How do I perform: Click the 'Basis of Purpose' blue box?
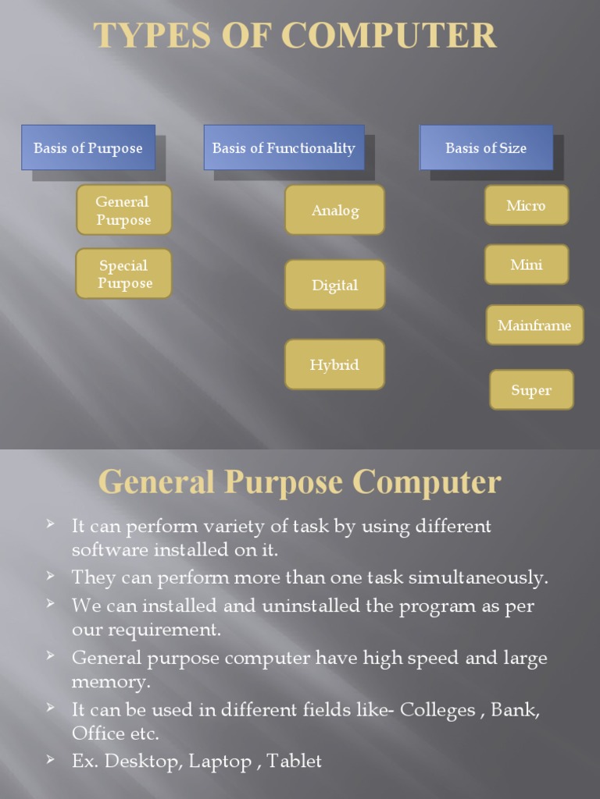pos(88,147)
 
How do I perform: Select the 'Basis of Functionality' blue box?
pos(284,147)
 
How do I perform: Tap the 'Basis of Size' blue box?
pos(486,147)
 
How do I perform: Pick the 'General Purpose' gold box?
pos(123,211)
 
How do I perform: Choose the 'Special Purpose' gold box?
pos(123,274)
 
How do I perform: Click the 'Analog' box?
pos(334,210)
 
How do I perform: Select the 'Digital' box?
pos(334,285)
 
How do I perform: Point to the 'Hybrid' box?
pos(334,364)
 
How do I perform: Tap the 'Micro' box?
pos(526,205)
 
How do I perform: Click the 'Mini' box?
pos(526,265)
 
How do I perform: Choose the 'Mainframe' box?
pos(534,325)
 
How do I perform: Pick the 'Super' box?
pos(531,390)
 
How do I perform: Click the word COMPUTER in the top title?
pos(388,37)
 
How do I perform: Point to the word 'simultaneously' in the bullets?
pos(479,578)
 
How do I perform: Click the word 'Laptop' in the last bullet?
pos(220,761)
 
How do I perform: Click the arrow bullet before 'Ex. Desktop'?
pos(51,759)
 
